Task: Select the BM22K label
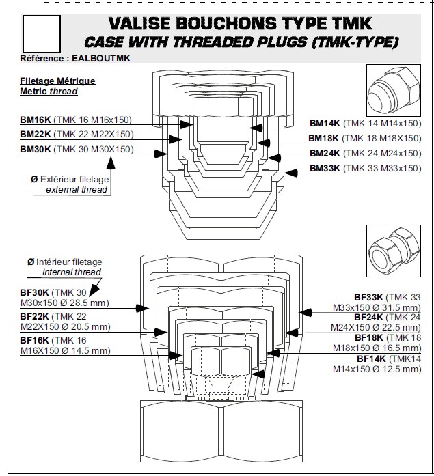pos(34,134)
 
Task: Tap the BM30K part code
pos(34,149)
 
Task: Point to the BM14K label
pos(325,124)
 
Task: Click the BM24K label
pos(325,153)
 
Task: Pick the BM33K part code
pos(325,168)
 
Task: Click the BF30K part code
pos(34,292)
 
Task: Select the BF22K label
pos(34,316)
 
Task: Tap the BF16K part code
pos(34,340)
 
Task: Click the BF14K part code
pos(371,358)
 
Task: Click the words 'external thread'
pos(77,189)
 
